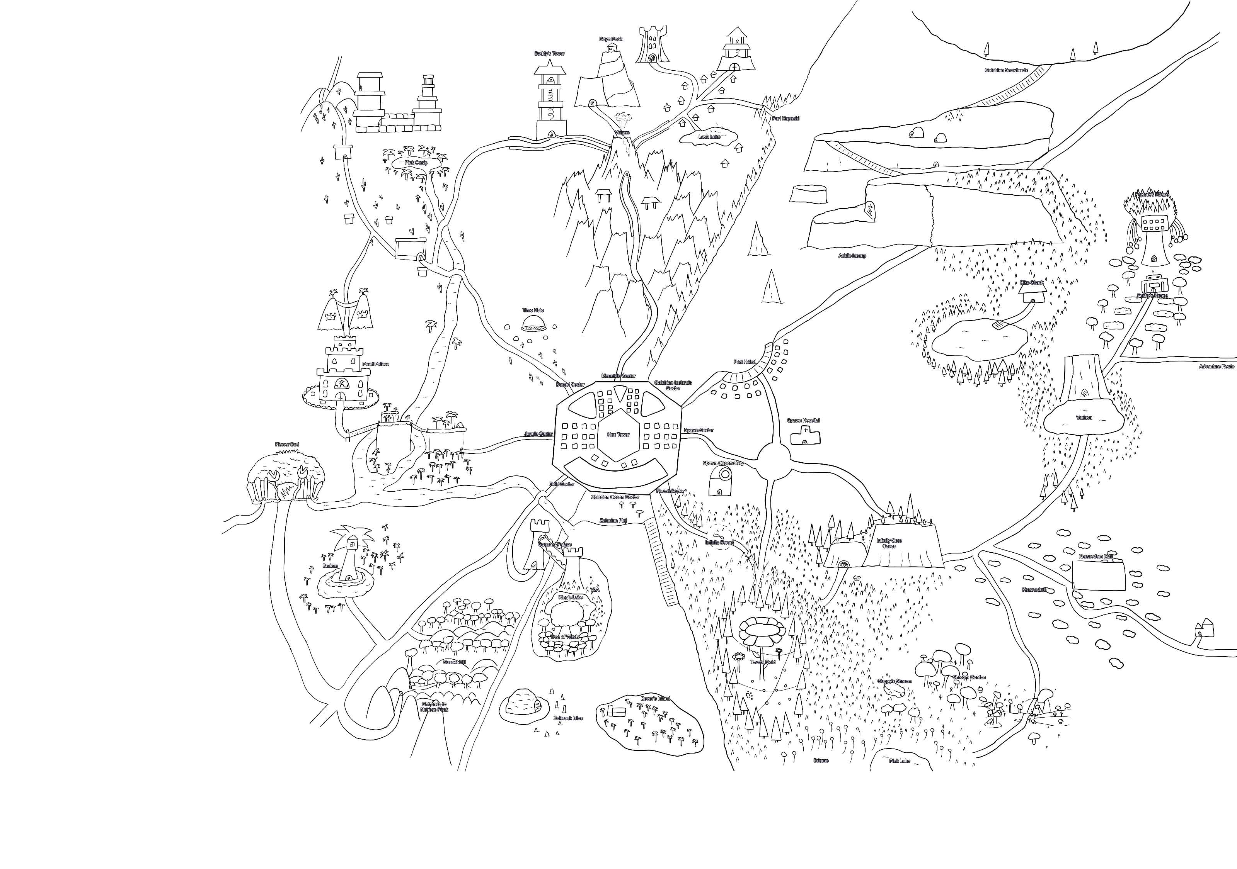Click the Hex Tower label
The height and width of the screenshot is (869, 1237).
click(x=618, y=434)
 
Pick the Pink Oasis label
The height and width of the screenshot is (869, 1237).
click(x=416, y=162)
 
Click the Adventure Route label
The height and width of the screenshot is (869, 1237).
click(x=1217, y=367)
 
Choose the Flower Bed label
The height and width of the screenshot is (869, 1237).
click(x=286, y=445)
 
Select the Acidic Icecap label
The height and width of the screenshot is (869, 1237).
click(x=852, y=256)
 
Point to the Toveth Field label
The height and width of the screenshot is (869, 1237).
click(x=762, y=662)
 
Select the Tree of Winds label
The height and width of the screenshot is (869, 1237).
click(x=564, y=636)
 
